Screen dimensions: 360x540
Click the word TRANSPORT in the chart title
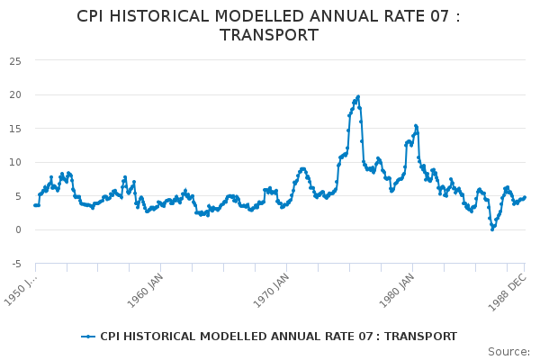[269, 35]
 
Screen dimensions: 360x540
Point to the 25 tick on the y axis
[15, 61]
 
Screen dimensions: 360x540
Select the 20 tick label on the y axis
[15, 95]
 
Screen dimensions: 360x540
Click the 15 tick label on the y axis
[15, 129]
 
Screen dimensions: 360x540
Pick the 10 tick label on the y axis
[15, 163]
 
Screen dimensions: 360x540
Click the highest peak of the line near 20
[358, 96]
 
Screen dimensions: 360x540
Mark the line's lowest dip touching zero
[492, 229]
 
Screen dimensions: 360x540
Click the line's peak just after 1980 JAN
[416, 126]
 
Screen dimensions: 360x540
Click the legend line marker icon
[87, 337]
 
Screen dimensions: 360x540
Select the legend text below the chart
[278, 337]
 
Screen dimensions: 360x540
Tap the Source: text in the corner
[508, 351]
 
